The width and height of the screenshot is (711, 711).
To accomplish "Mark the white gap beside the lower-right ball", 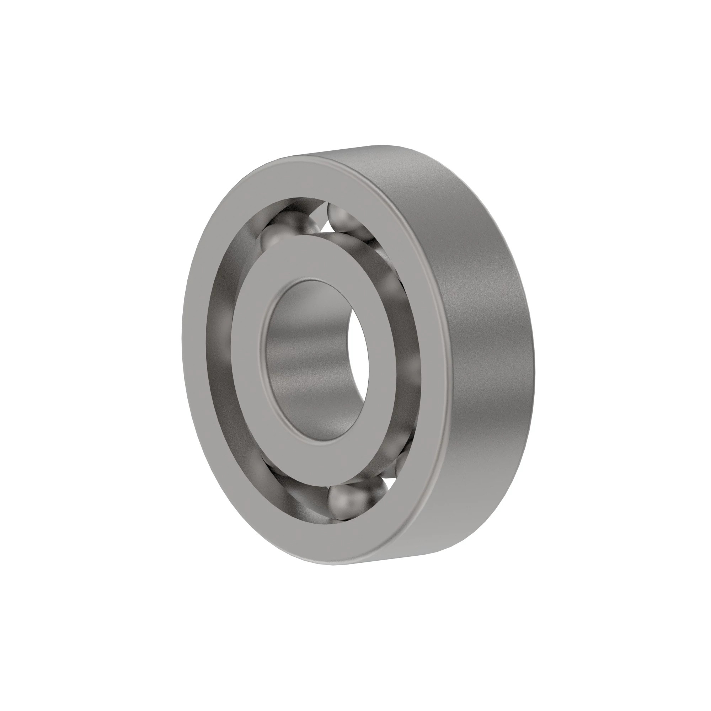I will (x=390, y=482).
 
